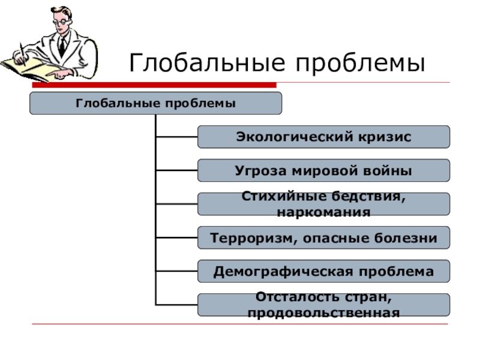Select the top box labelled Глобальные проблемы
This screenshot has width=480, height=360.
(155, 103)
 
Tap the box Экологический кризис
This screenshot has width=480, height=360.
(323, 137)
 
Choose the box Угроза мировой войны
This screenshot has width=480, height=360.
(323, 170)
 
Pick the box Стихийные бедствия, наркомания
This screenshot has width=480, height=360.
(323, 204)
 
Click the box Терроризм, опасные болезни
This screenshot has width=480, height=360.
(323, 238)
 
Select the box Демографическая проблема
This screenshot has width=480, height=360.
(323, 272)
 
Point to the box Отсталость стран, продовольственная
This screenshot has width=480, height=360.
(323, 305)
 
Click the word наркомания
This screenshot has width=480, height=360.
(323, 212)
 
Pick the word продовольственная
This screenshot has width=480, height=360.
(323, 313)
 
